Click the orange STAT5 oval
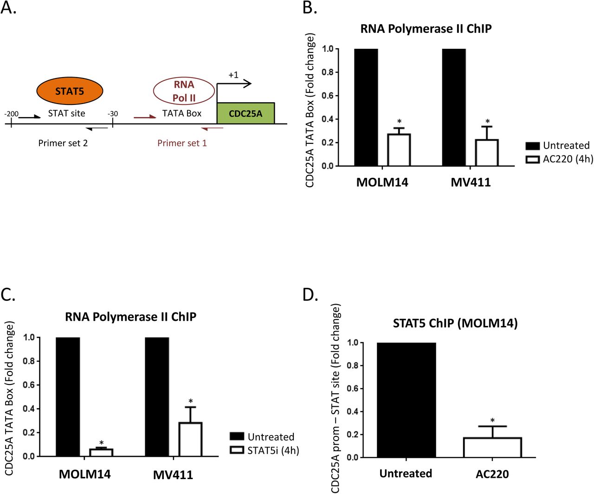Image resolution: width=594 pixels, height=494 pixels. pos(70,91)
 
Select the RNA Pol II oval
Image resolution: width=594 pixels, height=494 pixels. pos(184,91)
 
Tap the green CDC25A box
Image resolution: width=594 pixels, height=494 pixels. pos(245,113)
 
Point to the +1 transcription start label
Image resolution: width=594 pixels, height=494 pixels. pos(233,75)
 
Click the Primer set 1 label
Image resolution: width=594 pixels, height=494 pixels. pos(182,143)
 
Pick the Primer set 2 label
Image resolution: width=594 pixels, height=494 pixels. pos(63,143)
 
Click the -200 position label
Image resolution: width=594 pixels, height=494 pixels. pos(11,114)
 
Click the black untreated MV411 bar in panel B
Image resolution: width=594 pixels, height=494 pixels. pos(453,107)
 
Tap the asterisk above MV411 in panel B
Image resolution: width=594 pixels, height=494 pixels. pos(487,122)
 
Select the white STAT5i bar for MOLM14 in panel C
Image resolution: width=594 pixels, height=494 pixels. pos(101,452)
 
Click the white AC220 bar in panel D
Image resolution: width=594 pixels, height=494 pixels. pos(492,447)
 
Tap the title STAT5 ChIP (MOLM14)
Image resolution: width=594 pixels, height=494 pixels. pos(455,323)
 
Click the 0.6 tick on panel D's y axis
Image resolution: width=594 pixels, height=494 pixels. pos(353,389)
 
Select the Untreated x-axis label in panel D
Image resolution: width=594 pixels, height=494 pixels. pos(406,474)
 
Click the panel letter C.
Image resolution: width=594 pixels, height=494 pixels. pos(8,294)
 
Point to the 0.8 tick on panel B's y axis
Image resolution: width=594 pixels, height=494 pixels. pos(328,72)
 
